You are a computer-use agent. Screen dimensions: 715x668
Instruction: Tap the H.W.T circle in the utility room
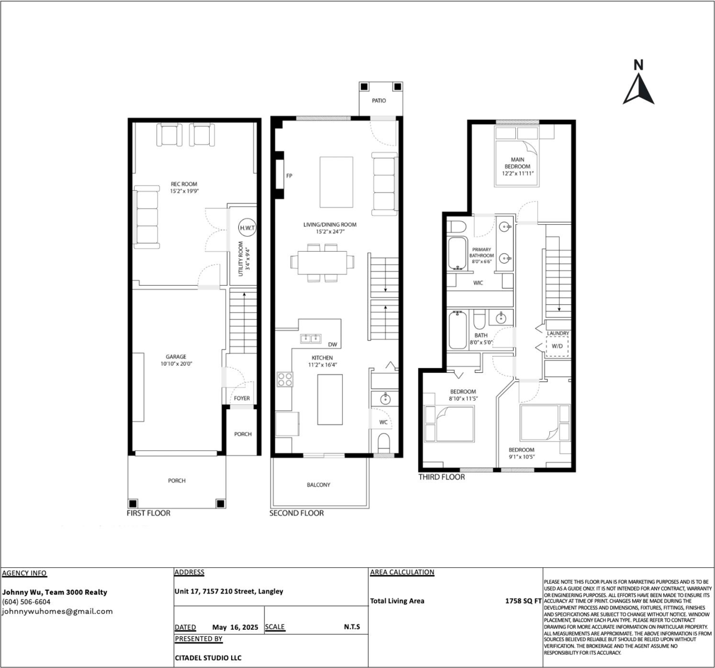click(x=247, y=228)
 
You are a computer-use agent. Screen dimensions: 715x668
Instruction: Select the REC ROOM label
click(x=184, y=184)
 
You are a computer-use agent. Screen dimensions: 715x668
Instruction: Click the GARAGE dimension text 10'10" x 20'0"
click(x=176, y=364)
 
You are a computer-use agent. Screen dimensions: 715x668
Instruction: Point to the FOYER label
click(x=242, y=398)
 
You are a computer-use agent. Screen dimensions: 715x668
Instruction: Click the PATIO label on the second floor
click(x=379, y=101)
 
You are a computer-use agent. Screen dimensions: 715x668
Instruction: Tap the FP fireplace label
click(x=289, y=176)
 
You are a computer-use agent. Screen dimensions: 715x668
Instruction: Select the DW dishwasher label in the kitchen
click(x=332, y=345)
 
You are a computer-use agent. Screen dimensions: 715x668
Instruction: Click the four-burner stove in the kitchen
click(x=285, y=379)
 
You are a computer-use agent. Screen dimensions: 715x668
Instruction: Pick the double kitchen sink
click(x=310, y=339)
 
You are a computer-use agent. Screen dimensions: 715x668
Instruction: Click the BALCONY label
click(x=319, y=485)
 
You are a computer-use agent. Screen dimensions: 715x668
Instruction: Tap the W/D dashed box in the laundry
click(x=557, y=347)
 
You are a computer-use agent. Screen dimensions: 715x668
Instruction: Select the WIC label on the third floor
click(x=478, y=283)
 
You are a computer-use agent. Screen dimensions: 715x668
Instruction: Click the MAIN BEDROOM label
click(x=518, y=163)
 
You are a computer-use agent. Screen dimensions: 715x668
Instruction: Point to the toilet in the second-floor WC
click(x=384, y=443)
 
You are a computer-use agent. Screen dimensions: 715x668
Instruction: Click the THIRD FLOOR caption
click(x=442, y=477)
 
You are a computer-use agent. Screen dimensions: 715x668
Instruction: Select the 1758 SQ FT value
click(x=524, y=601)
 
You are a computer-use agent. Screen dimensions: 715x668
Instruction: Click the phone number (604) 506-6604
click(x=26, y=602)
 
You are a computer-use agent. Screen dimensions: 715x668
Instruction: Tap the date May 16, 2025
click(x=235, y=627)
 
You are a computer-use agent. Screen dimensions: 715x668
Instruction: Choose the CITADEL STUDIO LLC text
click(x=208, y=658)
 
